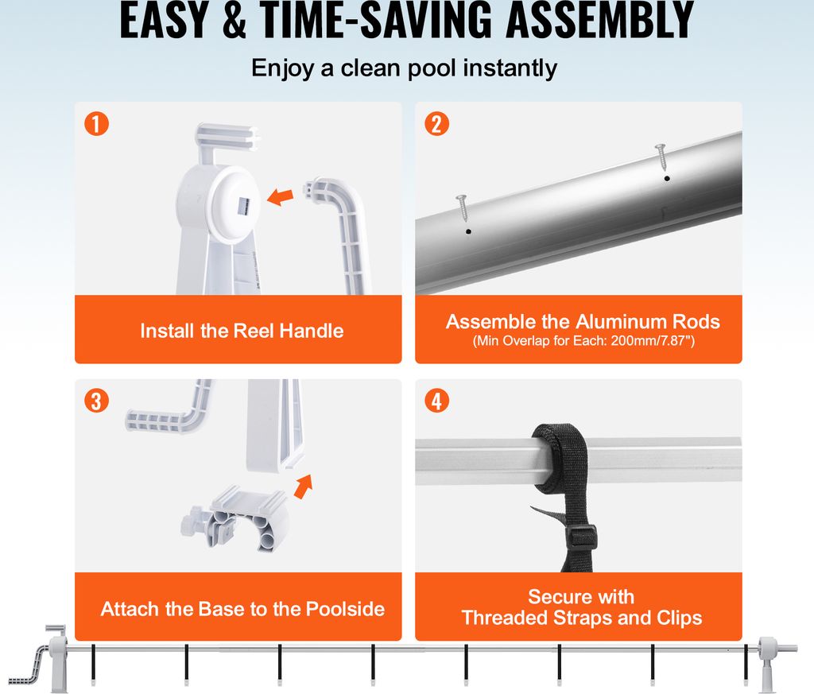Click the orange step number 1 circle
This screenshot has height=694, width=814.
coord(96,124)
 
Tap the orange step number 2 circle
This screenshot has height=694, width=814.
coord(436,124)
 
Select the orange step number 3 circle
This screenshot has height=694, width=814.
coord(96,401)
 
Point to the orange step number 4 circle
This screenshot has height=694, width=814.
coord(436,401)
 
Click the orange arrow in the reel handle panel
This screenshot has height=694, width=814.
coord(281,196)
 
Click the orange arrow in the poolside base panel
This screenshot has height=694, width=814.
coord(304,487)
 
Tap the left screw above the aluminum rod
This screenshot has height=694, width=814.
coord(462,207)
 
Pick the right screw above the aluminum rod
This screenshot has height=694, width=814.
coord(661,157)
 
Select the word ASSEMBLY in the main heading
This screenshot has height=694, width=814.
coord(599,20)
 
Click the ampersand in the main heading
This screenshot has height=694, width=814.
coord(235,20)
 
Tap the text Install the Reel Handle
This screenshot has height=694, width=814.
coord(242,331)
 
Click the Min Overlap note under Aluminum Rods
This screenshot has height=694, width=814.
coord(583,341)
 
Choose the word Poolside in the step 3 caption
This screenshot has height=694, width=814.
coord(345,609)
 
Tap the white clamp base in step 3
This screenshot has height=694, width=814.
coord(236,519)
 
